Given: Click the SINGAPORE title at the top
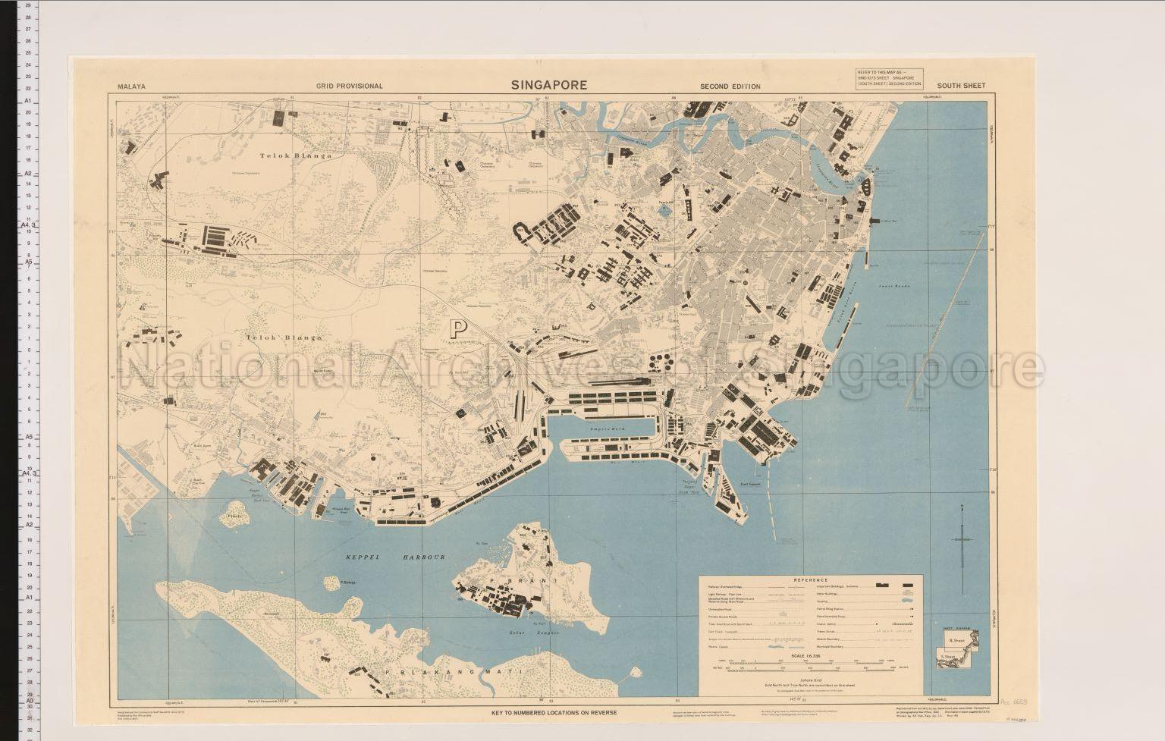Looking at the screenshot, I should [x=548, y=85].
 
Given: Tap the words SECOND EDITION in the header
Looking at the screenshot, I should [x=730, y=86].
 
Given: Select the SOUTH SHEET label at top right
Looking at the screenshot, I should [x=961, y=86].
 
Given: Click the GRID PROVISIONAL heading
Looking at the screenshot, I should [x=350, y=86].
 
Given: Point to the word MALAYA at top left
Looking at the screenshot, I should [x=131, y=86].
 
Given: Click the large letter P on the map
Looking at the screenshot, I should [x=457, y=328].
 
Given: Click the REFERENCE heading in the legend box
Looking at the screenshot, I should [x=810, y=580].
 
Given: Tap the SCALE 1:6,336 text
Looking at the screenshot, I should [x=810, y=655].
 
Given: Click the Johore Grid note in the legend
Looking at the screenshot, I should [x=811, y=680].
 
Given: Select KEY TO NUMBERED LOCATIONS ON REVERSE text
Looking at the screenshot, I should [x=554, y=713].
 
